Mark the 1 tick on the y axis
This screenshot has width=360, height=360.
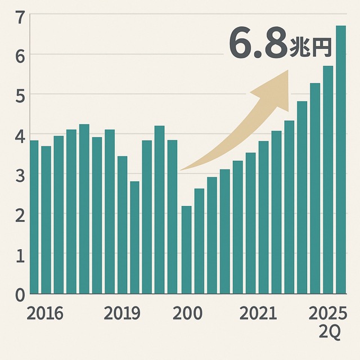[19, 255]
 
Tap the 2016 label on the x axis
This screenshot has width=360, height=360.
[45, 313]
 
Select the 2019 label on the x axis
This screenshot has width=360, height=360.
[122, 313]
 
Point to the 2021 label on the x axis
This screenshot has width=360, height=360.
[258, 313]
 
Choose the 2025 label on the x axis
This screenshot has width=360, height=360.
[328, 313]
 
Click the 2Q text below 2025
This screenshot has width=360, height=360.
[330, 332]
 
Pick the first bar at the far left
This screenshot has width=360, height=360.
[34, 217]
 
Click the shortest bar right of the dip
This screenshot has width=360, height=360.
[186, 250]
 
